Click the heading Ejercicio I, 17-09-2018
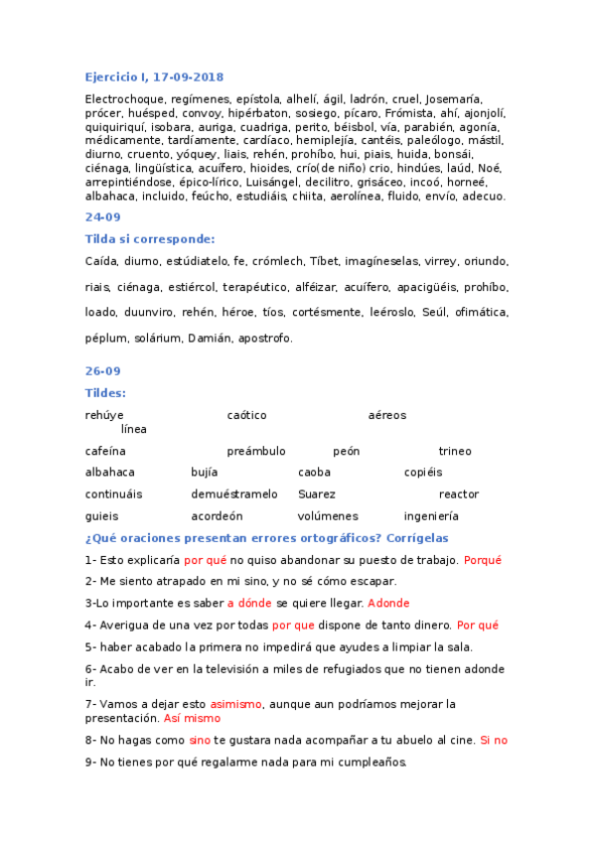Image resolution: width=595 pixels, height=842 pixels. click(154, 76)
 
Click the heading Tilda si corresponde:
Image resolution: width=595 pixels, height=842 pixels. click(150, 238)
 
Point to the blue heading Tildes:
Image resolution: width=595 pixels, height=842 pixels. click(106, 393)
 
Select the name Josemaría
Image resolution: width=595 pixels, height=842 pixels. click(454, 99)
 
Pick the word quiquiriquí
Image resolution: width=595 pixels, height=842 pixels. click(117, 127)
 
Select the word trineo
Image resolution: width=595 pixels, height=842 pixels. click(455, 451)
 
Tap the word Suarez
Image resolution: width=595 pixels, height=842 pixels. click(317, 493)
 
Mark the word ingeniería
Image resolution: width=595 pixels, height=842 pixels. click(431, 516)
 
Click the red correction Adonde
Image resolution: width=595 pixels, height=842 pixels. click(388, 603)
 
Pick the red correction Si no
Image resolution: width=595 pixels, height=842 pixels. click(494, 740)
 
